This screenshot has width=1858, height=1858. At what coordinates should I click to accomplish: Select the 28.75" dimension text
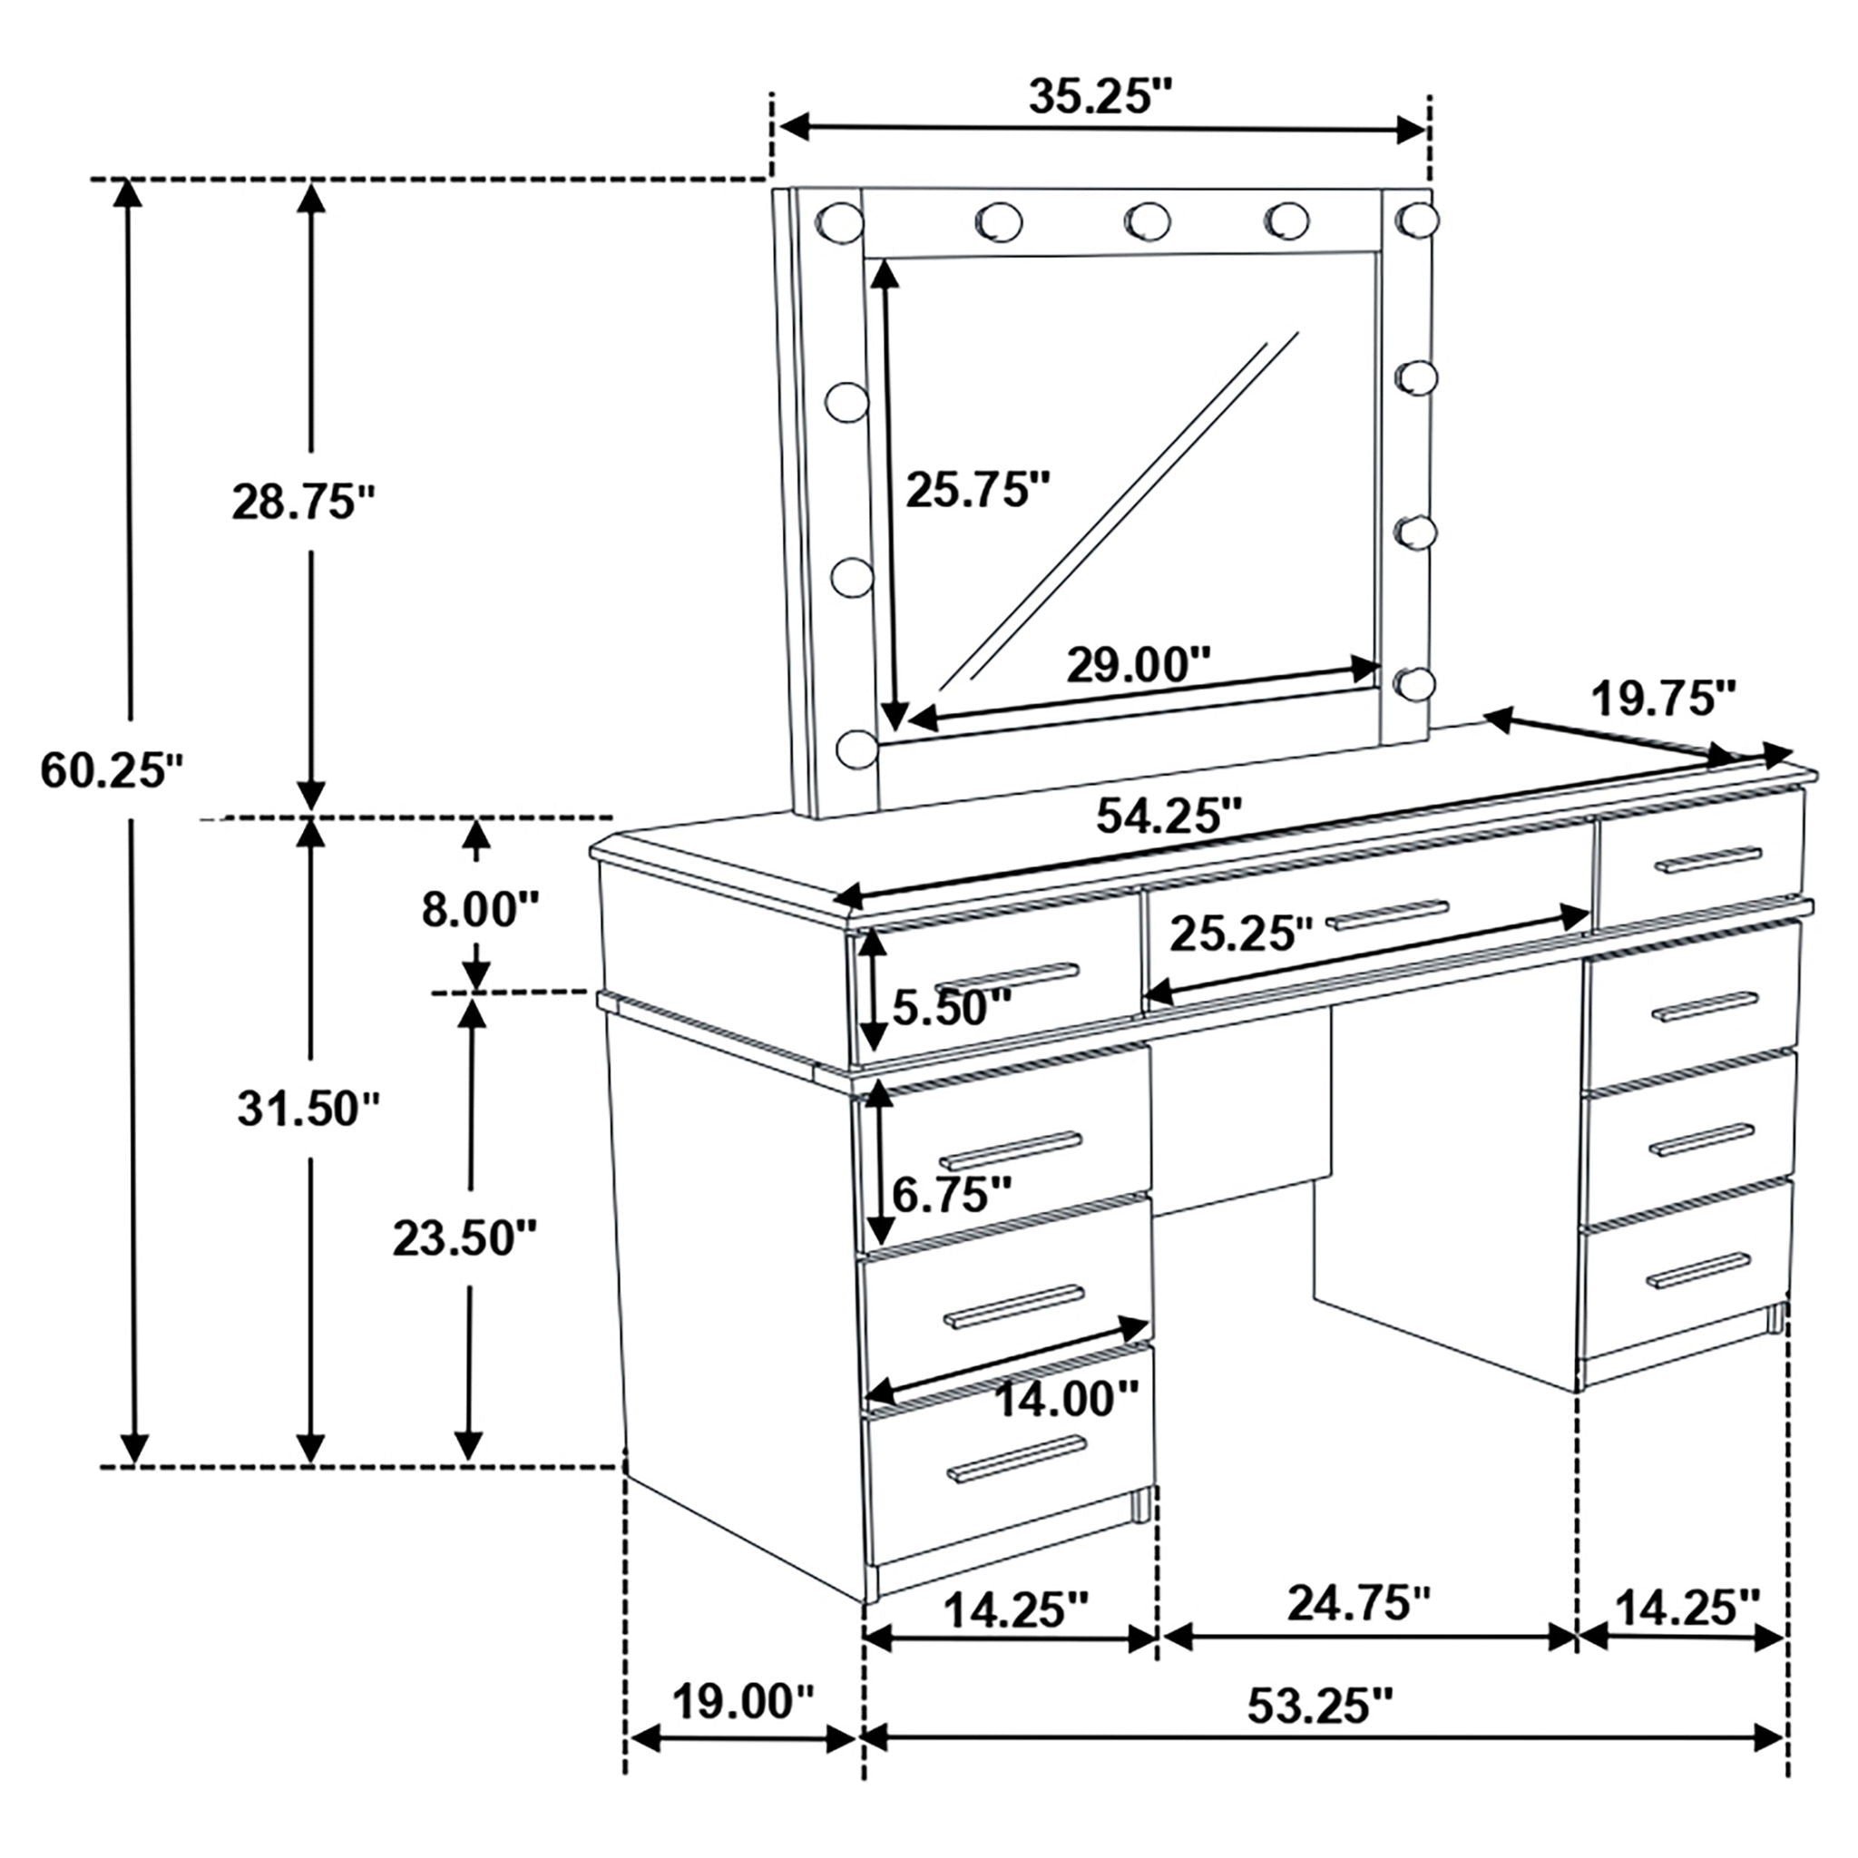click(x=302, y=502)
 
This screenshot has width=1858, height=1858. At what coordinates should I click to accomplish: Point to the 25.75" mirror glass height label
click(x=978, y=491)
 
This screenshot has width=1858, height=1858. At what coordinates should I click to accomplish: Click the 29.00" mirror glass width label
click(x=1138, y=664)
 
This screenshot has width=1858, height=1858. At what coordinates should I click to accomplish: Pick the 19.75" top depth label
click(x=1664, y=699)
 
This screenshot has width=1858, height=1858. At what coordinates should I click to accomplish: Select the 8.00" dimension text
click(x=480, y=909)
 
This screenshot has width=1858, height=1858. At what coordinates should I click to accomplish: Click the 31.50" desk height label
click(x=308, y=1110)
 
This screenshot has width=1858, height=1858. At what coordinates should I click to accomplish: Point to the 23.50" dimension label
click(x=464, y=1238)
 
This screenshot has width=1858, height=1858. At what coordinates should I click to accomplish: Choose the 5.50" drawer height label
click(x=951, y=1008)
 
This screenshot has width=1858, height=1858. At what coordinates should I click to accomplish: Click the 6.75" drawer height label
click(x=951, y=1196)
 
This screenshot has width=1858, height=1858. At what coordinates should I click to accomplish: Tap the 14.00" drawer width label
click(x=1066, y=1399)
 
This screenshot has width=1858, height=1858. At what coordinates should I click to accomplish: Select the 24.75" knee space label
click(x=1359, y=1602)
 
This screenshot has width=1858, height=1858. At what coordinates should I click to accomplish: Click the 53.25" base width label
click(x=1319, y=1705)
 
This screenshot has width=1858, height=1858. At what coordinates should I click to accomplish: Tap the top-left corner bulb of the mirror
click(x=839, y=222)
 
